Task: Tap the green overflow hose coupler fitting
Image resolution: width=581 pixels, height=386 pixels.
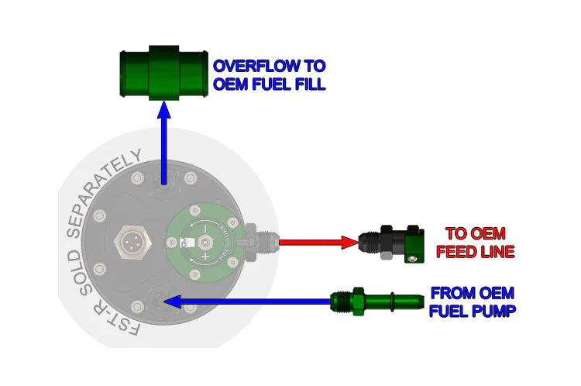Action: pyautogui.click(x=163, y=74)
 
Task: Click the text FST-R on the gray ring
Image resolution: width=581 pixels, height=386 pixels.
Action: pyautogui.click(x=123, y=322)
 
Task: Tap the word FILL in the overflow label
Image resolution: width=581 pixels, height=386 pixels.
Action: pyautogui.click(x=305, y=84)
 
